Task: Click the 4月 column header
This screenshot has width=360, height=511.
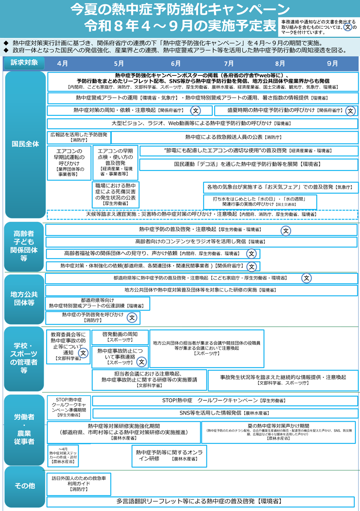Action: (62, 63)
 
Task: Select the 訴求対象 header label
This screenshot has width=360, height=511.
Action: (25, 63)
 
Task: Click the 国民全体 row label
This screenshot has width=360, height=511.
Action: (25, 144)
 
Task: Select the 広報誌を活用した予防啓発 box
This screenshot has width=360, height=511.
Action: (78, 137)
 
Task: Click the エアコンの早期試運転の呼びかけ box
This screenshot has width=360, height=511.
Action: (68, 163)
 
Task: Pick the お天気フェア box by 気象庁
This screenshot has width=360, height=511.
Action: (280, 187)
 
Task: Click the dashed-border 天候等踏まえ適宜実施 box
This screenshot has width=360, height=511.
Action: (202, 214)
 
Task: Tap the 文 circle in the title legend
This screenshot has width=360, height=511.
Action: (348, 27)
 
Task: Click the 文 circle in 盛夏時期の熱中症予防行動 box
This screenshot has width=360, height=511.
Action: (351, 111)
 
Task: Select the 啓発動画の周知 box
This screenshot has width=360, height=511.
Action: (120, 337)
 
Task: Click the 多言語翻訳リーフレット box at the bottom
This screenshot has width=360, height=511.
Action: (201, 501)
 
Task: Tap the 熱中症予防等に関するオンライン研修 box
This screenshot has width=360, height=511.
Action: (169, 455)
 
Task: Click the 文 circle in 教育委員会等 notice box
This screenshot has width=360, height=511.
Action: (83, 353)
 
